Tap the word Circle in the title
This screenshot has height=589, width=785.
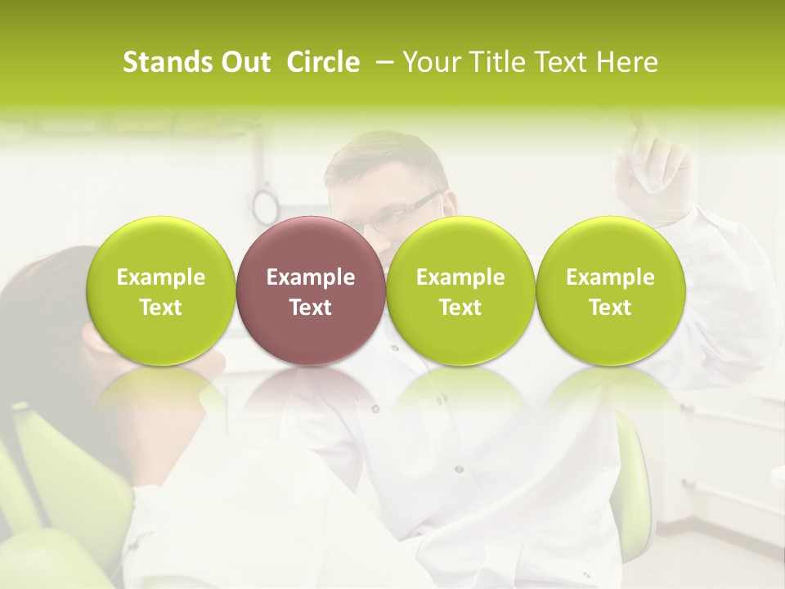(x=323, y=62)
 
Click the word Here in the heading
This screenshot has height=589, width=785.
(x=629, y=62)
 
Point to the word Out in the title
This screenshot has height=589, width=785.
(x=243, y=62)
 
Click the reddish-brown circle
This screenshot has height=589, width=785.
(x=310, y=290)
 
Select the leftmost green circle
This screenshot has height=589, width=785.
(x=160, y=290)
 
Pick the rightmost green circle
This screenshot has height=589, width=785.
(x=610, y=290)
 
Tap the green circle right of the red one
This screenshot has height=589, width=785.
(x=460, y=290)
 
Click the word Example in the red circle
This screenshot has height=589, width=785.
(x=310, y=277)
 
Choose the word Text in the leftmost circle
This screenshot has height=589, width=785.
(x=160, y=308)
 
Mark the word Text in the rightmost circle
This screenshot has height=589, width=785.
(x=610, y=308)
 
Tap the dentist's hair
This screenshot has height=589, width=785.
(x=384, y=155)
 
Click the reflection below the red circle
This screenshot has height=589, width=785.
(x=310, y=393)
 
